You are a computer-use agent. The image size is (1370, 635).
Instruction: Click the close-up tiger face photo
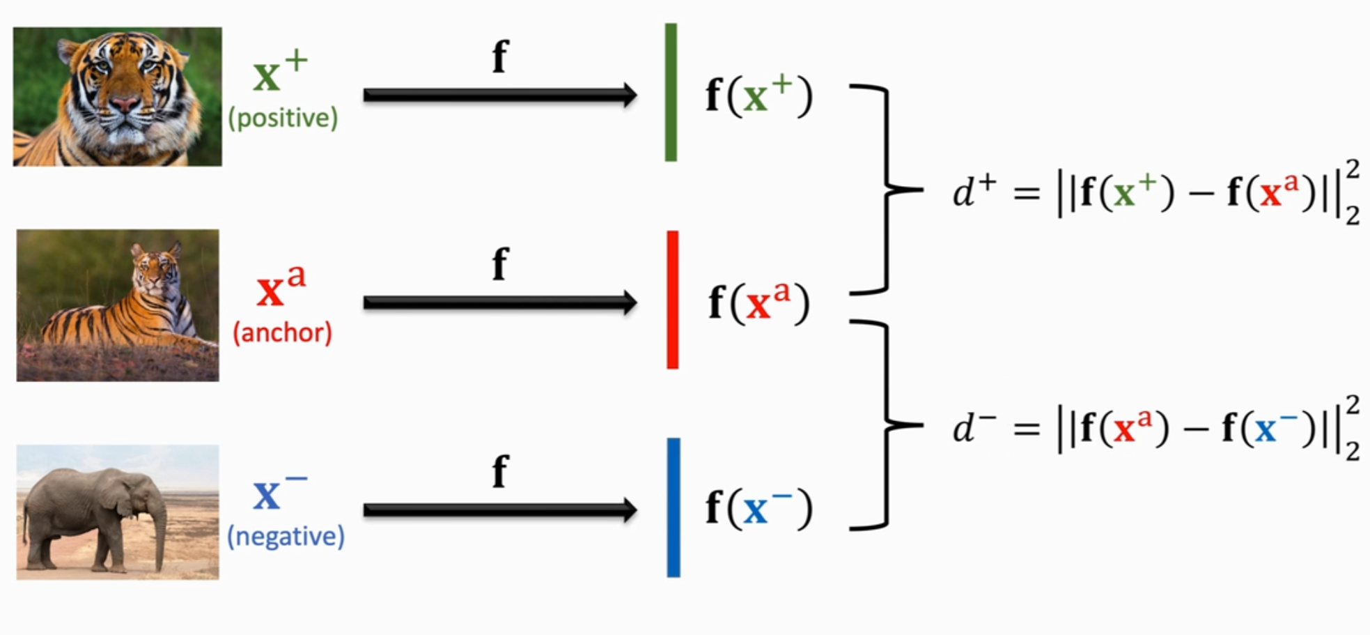[x=117, y=96]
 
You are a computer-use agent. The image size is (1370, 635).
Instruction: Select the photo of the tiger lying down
[x=117, y=305]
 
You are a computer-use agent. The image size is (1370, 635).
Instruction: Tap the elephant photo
[x=117, y=512]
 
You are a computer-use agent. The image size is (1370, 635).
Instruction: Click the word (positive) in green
[x=283, y=118]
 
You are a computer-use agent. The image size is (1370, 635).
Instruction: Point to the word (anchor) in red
[x=282, y=332]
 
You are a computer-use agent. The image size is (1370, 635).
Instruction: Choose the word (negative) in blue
[x=286, y=536]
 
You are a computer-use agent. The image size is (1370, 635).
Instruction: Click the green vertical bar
[x=671, y=92]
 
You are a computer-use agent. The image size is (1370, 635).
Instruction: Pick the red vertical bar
[x=672, y=300]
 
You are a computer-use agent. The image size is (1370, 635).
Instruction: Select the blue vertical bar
[x=673, y=507]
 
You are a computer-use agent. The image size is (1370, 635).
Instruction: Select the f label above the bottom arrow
[x=500, y=471]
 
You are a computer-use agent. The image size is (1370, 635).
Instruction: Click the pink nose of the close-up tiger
[x=125, y=104]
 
